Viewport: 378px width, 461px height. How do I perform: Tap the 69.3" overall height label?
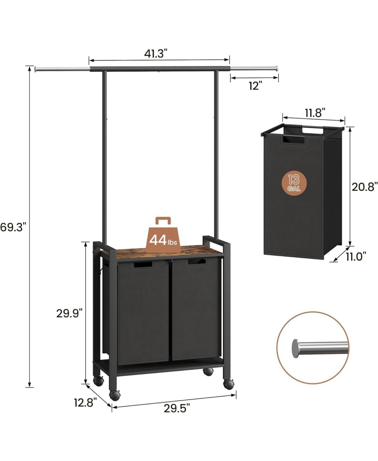pyautogui.click(x=13, y=228)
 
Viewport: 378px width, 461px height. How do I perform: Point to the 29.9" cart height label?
pyautogui.click(x=69, y=314)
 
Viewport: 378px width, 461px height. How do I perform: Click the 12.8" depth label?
pyautogui.click(x=85, y=403)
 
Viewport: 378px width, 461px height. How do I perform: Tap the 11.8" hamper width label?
pyautogui.click(x=314, y=113)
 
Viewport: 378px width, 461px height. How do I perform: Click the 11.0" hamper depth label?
pyautogui.click(x=356, y=256)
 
